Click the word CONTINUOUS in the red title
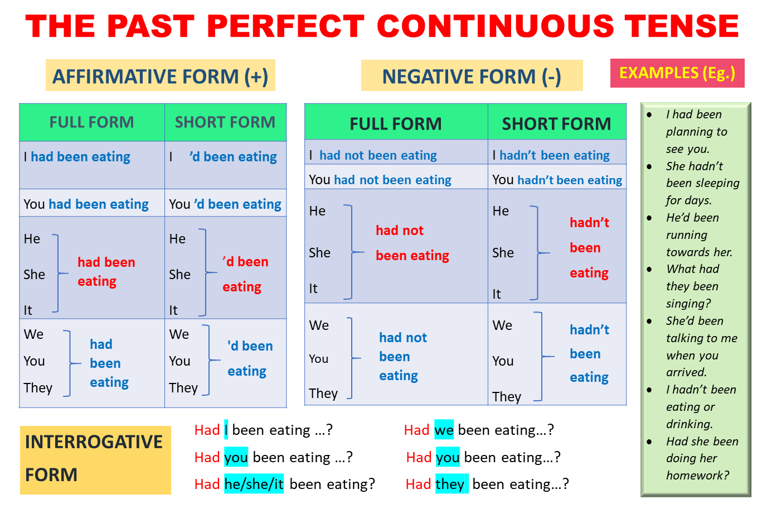click(x=496, y=26)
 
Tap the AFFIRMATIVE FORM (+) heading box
click(x=160, y=75)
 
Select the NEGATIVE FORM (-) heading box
click(x=472, y=75)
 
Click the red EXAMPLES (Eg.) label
click(x=677, y=73)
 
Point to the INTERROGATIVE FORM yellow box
click(x=95, y=460)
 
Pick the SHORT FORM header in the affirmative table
click(x=225, y=122)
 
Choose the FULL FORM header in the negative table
click(x=396, y=123)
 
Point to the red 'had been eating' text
click(x=106, y=272)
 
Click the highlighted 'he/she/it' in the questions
click(x=254, y=484)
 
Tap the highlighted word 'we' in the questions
click(x=444, y=430)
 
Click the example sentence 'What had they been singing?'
click(x=692, y=286)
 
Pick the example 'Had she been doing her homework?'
click(x=702, y=458)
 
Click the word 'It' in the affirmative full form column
click(x=28, y=310)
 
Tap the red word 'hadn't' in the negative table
click(x=589, y=223)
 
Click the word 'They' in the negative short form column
click(x=507, y=397)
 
